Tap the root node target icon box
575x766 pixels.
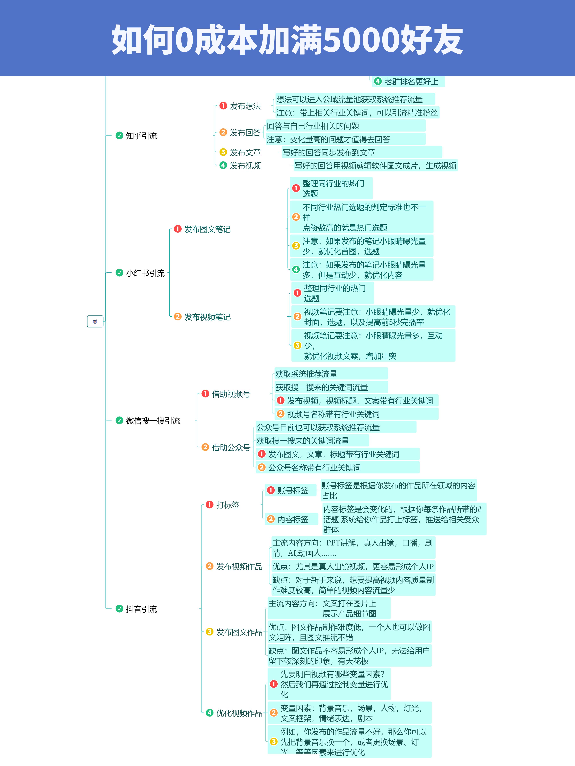pos(95,321)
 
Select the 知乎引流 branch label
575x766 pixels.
pos(141,136)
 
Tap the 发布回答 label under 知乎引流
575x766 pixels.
pos(245,133)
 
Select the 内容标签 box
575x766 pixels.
pos(291,519)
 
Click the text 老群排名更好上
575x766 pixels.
pos(411,82)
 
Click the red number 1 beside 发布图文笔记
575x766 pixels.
pos(178,229)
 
